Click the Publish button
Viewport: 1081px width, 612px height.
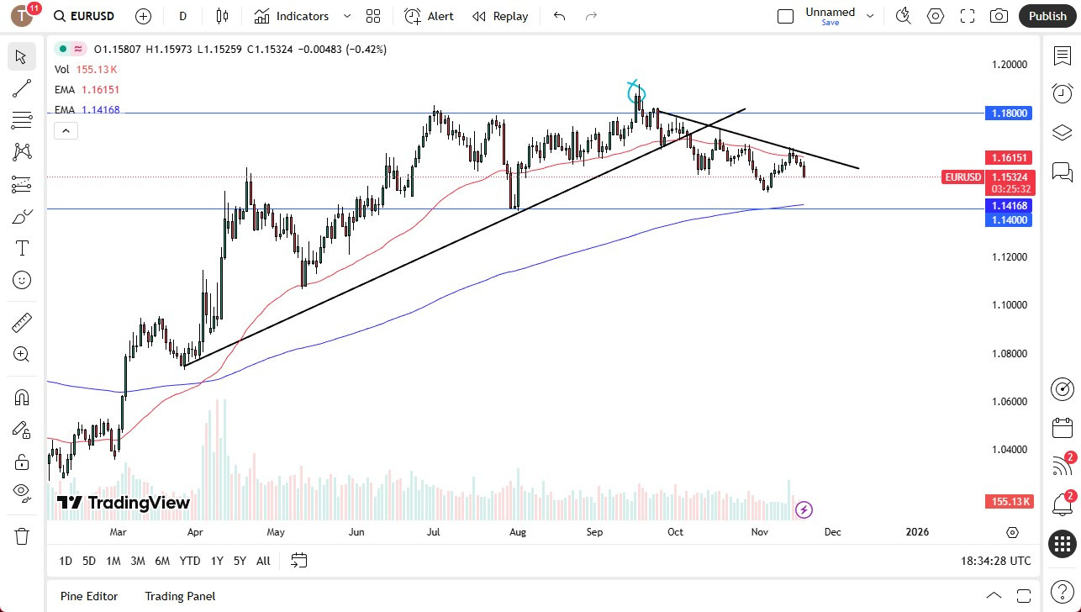pos(1047,16)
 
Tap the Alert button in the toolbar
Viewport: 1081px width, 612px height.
pos(429,16)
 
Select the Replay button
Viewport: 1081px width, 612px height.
pos(500,16)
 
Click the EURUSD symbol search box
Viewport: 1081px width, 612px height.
pos(84,16)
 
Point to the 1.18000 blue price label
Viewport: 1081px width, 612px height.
pos(1009,113)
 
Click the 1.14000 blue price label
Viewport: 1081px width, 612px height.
pos(1009,219)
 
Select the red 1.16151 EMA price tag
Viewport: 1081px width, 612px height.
pos(1009,157)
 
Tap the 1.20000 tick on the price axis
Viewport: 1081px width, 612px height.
pos(1009,65)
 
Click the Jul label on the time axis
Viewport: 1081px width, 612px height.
pos(434,532)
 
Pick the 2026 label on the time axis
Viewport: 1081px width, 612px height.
pos(917,532)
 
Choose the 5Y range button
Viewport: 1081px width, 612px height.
pos(240,561)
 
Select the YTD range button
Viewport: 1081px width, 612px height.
pos(190,561)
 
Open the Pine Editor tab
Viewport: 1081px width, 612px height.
pos(89,596)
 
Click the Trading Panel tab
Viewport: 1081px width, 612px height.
pos(180,596)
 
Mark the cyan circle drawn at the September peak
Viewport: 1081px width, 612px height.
pos(636,92)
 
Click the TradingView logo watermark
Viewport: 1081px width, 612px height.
pos(124,503)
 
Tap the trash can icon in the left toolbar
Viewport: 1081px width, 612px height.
pos(22,535)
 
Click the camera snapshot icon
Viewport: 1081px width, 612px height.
pos(999,16)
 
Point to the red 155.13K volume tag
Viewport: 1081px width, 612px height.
pos(1009,502)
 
